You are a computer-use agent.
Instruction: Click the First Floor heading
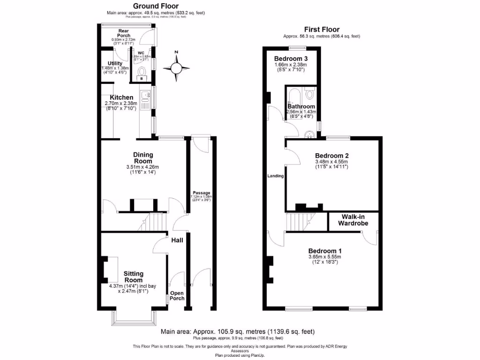pyautogui.click(x=322, y=29)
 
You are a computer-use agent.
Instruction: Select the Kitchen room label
pyautogui.click(x=121, y=97)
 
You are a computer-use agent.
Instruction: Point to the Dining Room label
pyautogui.click(x=143, y=157)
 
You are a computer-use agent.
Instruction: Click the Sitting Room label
pyautogui.click(x=134, y=277)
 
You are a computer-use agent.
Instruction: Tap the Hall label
pyautogui.click(x=177, y=240)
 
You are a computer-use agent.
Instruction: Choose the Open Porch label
pyautogui.click(x=177, y=295)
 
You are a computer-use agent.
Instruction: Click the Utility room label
pyautogui.click(x=115, y=63)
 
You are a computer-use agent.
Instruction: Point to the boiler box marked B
pyautogui.click(x=142, y=79)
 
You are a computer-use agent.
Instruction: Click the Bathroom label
pyautogui.click(x=301, y=106)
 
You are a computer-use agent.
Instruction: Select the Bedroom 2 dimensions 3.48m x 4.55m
pyautogui.click(x=332, y=162)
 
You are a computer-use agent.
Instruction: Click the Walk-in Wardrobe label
pyautogui.click(x=354, y=220)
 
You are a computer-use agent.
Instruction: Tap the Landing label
pyautogui.click(x=275, y=176)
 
